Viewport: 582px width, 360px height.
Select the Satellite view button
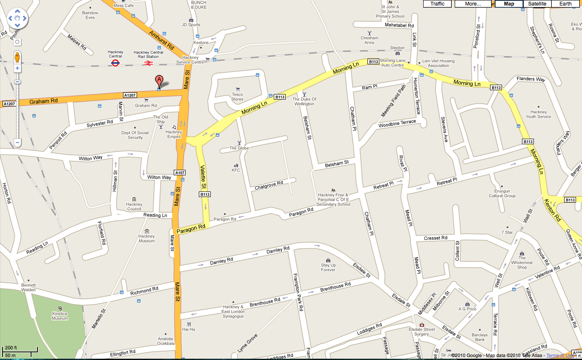pos(537,4)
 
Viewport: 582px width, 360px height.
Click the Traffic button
pos(437,4)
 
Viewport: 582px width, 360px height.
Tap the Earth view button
pos(565,4)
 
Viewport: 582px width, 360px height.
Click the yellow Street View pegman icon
pos(17,57)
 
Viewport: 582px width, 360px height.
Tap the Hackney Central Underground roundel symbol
pos(115,63)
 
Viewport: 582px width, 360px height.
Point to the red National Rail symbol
pos(149,63)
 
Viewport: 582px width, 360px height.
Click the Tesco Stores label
pos(237,97)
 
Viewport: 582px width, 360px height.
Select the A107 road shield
pos(180,173)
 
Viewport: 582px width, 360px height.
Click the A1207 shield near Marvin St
pos(129,95)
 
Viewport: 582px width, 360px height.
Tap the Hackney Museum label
pos(147,239)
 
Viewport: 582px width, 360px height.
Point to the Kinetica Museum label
pos(60,316)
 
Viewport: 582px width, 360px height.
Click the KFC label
pos(235,170)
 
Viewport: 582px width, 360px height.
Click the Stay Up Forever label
pos(328,267)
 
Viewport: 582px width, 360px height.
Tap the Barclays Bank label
pos(480,337)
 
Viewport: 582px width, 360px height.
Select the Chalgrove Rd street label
pos(269,186)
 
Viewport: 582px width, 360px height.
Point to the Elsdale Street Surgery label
pos(421,331)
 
